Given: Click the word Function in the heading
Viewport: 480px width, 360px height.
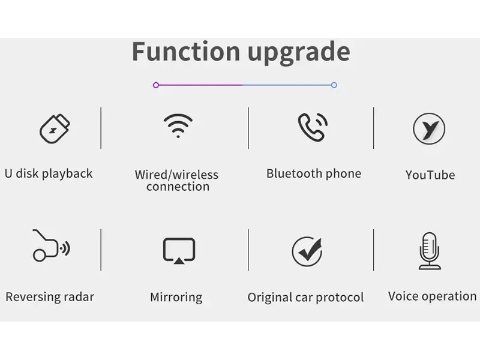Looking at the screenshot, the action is (186, 51).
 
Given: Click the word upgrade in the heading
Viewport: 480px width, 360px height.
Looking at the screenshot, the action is (299, 53).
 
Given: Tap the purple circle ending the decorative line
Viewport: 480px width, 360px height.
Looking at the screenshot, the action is (156, 85).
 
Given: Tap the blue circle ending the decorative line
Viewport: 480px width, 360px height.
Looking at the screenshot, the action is (334, 85).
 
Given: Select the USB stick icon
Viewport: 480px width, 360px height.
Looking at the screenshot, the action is (55, 128).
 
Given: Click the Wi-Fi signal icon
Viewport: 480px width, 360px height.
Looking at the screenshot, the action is (178, 125).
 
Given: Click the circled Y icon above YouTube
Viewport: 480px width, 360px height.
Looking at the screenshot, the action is (429, 128).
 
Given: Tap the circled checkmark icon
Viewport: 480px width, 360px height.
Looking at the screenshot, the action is (307, 251).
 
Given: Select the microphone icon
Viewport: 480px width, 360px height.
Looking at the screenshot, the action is (430, 250).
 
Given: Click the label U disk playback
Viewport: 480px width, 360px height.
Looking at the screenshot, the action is (49, 173).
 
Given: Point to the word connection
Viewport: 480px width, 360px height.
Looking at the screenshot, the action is (178, 187).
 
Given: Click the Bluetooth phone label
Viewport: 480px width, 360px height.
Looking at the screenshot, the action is (314, 173).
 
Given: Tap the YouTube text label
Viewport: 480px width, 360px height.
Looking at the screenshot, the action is (430, 175).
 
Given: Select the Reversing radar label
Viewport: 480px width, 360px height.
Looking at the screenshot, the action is (50, 296).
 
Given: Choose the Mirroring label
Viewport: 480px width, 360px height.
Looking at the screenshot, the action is (176, 297).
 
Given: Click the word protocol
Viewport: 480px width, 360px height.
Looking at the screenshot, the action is (340, 298).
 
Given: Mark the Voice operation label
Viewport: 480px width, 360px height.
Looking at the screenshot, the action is (432, 296).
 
